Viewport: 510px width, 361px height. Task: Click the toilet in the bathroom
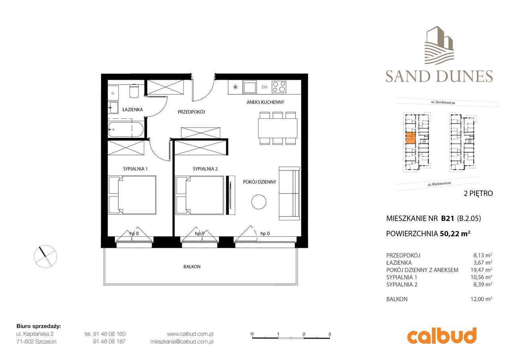tap(134, 91)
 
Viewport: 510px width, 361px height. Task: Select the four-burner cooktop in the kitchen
tap(279, 86)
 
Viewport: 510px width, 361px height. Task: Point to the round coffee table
tap(259, 201)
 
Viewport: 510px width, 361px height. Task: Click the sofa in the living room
tap(289, 193)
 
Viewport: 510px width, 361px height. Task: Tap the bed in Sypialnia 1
tap(132, 194)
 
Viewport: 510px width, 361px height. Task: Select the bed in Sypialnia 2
tap(200, 194)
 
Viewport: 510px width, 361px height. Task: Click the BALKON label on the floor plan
tap(192, 267)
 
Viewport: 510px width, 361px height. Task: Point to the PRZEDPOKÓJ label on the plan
tap(191, 112)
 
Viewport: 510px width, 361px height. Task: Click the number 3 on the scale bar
tap(330, 334)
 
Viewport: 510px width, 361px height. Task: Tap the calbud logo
tap(441, 336)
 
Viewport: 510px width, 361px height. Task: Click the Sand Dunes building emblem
tap(439, 46)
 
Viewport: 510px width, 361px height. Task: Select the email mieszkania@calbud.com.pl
tap(182, 341)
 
